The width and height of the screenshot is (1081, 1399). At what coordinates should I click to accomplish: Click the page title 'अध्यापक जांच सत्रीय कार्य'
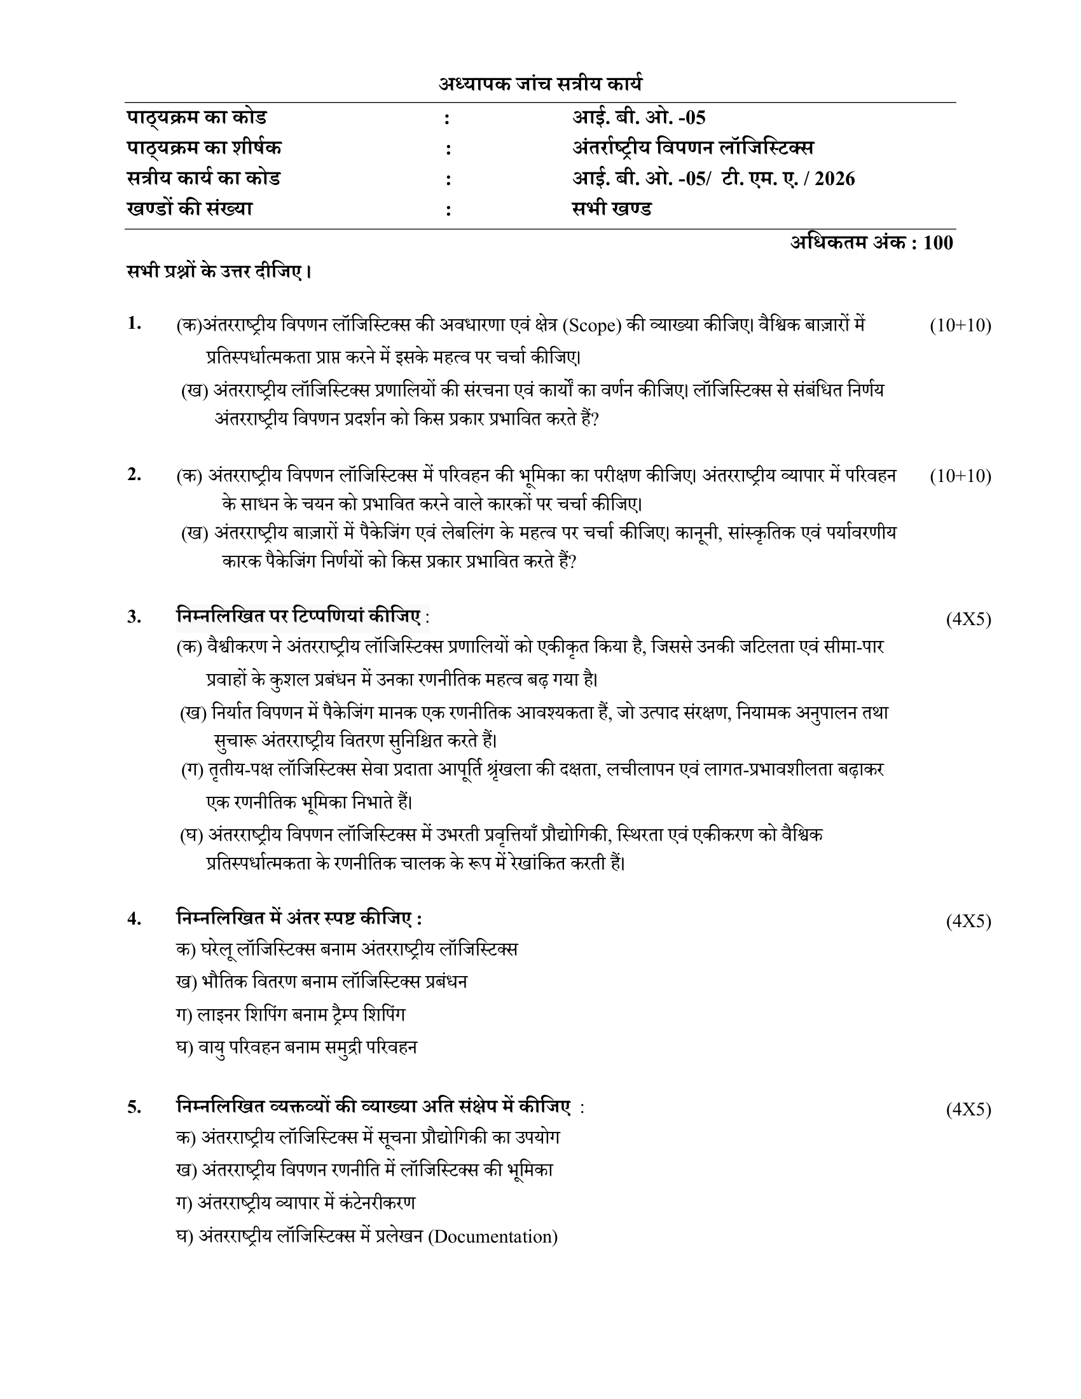[540, 84]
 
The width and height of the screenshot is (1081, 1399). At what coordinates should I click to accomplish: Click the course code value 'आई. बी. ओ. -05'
[638, 118]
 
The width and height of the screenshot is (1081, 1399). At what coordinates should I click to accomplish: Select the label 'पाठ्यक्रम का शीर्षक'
[203, 148]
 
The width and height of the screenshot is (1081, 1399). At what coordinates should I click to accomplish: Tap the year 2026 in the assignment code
[834, 179]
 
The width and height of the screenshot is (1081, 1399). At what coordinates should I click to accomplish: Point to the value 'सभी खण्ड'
[612, 209]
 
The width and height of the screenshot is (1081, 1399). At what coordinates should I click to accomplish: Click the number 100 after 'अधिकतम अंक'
[938, 243]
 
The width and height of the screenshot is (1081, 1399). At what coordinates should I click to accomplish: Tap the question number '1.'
[134, 324]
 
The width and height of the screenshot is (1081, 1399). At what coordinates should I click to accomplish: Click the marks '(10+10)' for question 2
[960, 476]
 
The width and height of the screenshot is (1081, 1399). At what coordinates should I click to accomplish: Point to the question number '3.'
[134, 617]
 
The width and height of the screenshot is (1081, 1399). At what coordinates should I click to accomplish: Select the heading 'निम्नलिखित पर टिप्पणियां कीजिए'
[298, 616]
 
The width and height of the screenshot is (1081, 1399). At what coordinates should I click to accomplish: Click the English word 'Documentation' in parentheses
[492, 1236]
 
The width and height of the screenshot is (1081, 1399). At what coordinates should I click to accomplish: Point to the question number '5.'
[134, 1107]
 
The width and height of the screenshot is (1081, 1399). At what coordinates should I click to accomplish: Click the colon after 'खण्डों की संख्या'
[448, 210]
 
